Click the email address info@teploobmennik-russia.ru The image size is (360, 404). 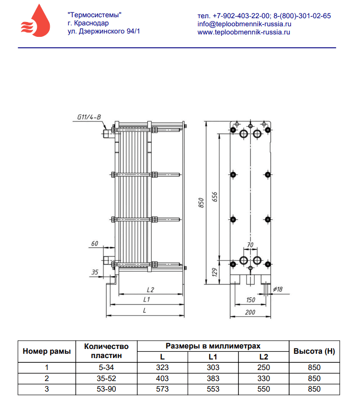click(x=244, y=24)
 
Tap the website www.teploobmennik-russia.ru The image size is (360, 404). click(x=244, y=32)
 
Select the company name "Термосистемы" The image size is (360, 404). click(x=94, y=15)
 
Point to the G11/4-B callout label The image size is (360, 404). click(x=89, y=117)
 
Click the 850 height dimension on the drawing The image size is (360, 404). click(x=201, y=203)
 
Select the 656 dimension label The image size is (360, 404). click(x=214, y=197)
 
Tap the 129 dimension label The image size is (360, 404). click(x=214, y=272)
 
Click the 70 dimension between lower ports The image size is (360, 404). click(x=250, y=245)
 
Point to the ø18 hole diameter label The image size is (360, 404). click(x=278, y=289)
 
